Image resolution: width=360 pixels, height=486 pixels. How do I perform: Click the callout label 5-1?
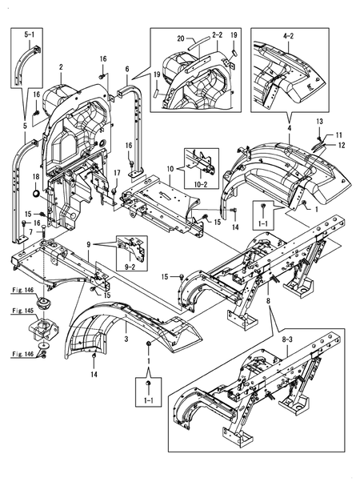[x=30, y=34]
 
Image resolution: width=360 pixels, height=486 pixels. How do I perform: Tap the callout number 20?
[x=181, y=38]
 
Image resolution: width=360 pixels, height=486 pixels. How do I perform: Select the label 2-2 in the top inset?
[x=217, y=35]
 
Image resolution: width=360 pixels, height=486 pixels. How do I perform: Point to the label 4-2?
[x=288, y=36]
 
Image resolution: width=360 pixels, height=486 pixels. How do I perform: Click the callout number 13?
[x=319, y=122]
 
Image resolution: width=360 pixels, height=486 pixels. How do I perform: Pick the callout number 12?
[x=341, y=145]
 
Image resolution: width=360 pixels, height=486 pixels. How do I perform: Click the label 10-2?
[x=201, y=184]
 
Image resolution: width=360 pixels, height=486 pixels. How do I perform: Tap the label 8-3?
[x=287, y=339]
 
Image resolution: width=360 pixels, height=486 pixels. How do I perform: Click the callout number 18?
[x=36, y=177]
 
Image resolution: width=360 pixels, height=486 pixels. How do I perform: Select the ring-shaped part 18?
[x=36, y=195]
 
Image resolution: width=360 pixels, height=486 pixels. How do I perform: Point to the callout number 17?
[x=117, y=173]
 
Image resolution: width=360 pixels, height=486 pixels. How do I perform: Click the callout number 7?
[x=31, y=231]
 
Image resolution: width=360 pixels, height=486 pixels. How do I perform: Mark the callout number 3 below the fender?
[x=126, y=339]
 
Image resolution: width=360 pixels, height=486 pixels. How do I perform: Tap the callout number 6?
[x=127, y=69]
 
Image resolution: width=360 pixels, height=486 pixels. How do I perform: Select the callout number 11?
[x=339, y=135]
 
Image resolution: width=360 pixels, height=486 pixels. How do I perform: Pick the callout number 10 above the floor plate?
[x=170, y=169]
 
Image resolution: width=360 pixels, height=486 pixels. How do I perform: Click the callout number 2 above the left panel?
[x=61, y=67]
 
